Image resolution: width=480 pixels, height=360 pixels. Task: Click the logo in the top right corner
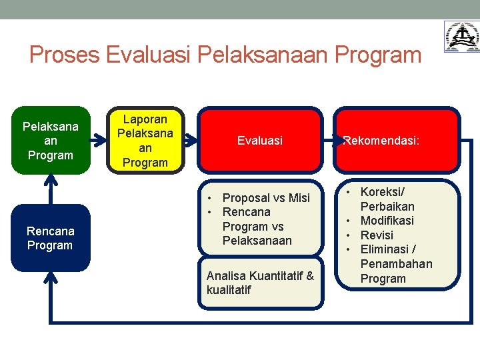pos(461,36)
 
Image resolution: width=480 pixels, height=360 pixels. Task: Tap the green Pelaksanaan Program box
pos(51,141)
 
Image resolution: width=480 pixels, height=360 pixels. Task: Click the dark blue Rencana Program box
pos(51,238)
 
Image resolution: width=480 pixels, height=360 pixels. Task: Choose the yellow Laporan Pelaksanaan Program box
pos(145,141)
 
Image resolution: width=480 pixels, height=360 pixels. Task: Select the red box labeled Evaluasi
pos(260,141)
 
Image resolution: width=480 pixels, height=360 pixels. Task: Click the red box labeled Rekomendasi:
pos(397,141)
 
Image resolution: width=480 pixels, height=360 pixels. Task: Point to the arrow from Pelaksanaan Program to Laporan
pos(100,141)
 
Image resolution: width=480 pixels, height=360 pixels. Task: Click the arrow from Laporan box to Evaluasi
pos(191,141)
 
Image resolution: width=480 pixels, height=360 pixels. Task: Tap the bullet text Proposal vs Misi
pos(266,198)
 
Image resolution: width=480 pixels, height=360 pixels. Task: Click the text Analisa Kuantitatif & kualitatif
pos(260,283)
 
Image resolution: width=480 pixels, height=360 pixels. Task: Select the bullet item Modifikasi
pos(387,221)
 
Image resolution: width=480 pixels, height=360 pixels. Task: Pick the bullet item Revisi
pos(377,235)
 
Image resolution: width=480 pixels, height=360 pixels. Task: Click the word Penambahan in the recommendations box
pos(396,264)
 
